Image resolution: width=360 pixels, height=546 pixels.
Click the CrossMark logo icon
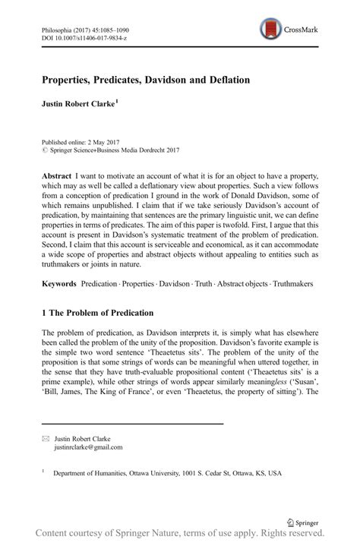click(270, 29)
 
